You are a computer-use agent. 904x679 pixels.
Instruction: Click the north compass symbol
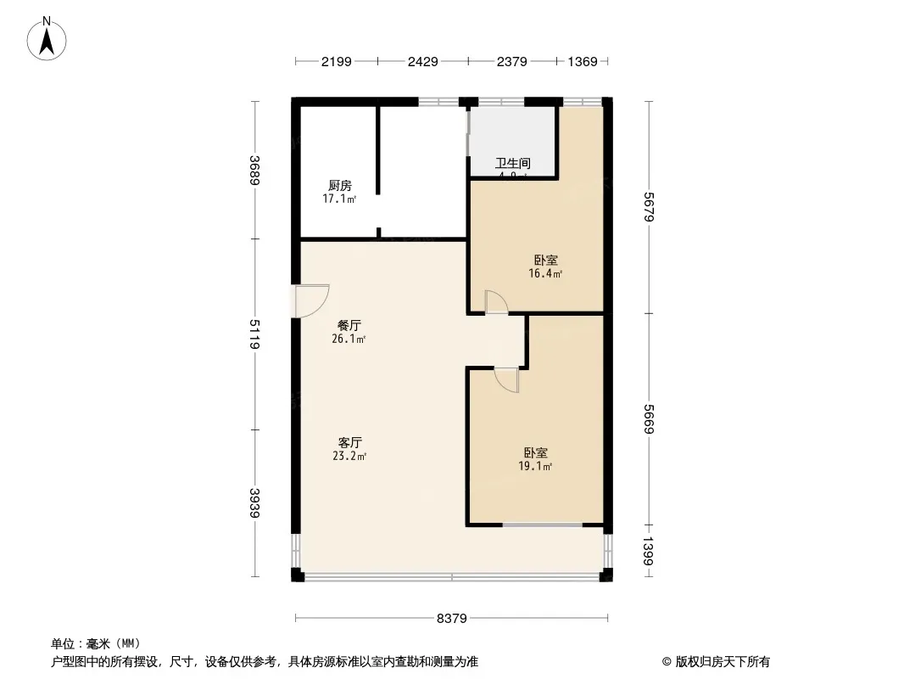[48, 38]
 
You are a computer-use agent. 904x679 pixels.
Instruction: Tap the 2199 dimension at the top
[336, 61]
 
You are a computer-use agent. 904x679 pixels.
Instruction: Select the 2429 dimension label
[423, 61]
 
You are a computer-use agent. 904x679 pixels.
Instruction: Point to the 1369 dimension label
[583, 61]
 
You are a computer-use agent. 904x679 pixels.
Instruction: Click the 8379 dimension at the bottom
[452, 618]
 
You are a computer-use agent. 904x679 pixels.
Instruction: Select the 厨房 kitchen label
[339, 186]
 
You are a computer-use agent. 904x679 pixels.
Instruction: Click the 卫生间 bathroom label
[513, 163]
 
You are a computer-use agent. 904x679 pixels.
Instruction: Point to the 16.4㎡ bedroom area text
[546, 274]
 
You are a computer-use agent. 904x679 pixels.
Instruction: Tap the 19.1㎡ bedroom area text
[535, 466]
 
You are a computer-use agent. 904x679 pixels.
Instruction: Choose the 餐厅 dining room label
[349, 325]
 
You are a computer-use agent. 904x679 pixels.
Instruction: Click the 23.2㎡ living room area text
[349, 456]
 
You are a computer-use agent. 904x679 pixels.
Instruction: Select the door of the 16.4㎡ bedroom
[495, 303]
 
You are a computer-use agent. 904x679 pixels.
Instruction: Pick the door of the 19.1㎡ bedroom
[507, 379]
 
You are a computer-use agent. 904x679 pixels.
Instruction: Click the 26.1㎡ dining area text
[349, 339]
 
